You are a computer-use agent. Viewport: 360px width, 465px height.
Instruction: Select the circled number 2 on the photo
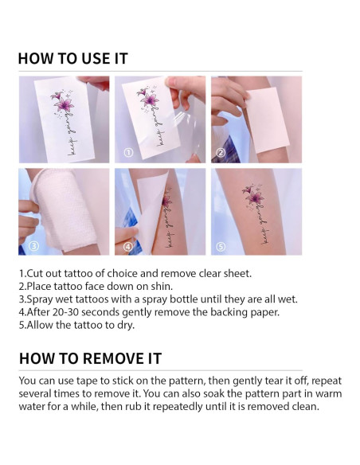point(221,151)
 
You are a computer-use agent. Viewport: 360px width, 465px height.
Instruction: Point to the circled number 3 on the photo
point(33,246)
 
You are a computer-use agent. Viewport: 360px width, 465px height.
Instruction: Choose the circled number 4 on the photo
point(128,246)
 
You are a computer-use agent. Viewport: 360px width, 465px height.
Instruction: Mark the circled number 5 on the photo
point(221,246)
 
